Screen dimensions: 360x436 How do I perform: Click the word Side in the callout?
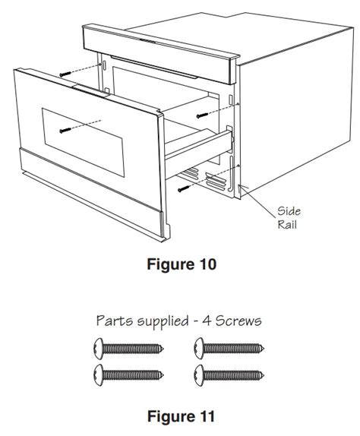289,210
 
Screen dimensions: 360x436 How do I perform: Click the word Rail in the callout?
287,224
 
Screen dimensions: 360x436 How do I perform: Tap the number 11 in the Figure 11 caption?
205,416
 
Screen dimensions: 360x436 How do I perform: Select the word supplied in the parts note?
163,321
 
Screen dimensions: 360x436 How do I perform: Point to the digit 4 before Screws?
206,321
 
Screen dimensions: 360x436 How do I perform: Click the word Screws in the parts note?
238,321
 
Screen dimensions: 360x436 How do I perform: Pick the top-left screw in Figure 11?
128,349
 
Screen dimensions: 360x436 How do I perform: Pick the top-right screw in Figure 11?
229,349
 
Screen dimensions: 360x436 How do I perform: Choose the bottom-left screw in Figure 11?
128,375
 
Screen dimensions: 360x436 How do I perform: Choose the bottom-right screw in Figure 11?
229,375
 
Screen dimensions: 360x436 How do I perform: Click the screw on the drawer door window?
65,130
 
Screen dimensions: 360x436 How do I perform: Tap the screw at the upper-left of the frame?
65,74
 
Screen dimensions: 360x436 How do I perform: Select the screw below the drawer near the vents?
184,189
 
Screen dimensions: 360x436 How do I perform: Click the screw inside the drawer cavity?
202,115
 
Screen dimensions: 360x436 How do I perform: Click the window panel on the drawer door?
83,142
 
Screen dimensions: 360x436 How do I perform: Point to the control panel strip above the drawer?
161,54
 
